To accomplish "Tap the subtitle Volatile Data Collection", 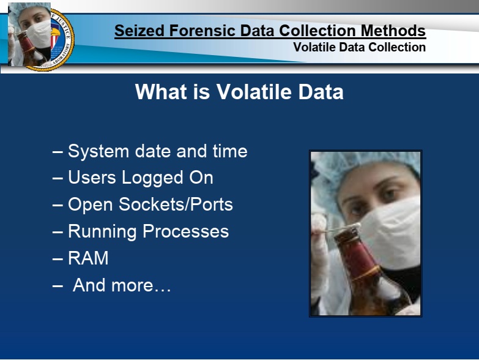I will pos(359,47).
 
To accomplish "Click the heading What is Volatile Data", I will pos(239,92).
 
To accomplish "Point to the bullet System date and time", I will pos(150,151).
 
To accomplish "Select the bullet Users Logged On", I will pos(133,178).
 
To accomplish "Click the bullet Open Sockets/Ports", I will pos(143,204).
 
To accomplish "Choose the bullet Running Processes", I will pos(141,231).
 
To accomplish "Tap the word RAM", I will pos(88,258).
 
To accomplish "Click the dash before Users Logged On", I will pos(58,178).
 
